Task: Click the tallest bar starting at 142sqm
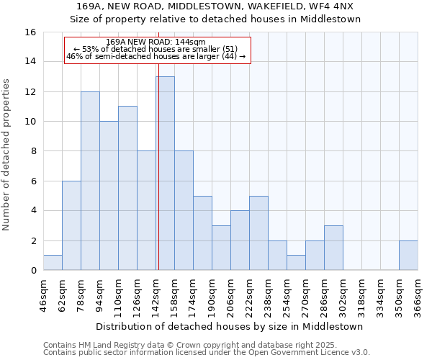pos(165,174)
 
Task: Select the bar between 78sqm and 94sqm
pos(90,181)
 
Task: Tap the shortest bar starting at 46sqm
pos(53,263)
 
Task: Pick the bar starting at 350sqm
pos(408,256)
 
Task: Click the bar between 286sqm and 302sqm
pos(333,248)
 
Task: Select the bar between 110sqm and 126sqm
pos(127,189)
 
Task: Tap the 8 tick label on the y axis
pos(32,151)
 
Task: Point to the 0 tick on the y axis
pos(32,271)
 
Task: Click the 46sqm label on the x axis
pos(44,295)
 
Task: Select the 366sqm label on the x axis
pos(418,295)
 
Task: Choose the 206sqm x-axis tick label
pos(231,295)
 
